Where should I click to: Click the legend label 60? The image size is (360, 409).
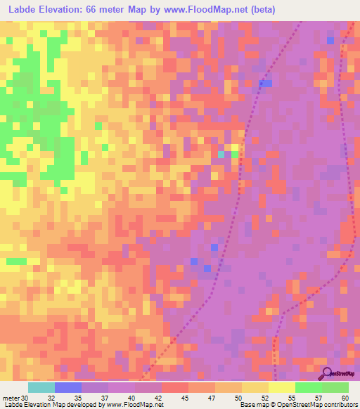pyautogui.click(x=345, y=398)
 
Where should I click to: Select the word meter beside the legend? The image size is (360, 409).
pyautogui.click(x=11, y=398)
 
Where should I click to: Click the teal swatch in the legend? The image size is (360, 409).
pyautogui.click(x=41, y=387)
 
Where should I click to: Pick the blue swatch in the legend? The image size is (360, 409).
pyautogui.click(x=68, y=387)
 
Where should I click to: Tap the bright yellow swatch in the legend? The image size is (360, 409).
pyautogui.click(x=282, y=387)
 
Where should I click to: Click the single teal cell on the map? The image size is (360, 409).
pyautogui.click(x=221, y=154)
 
